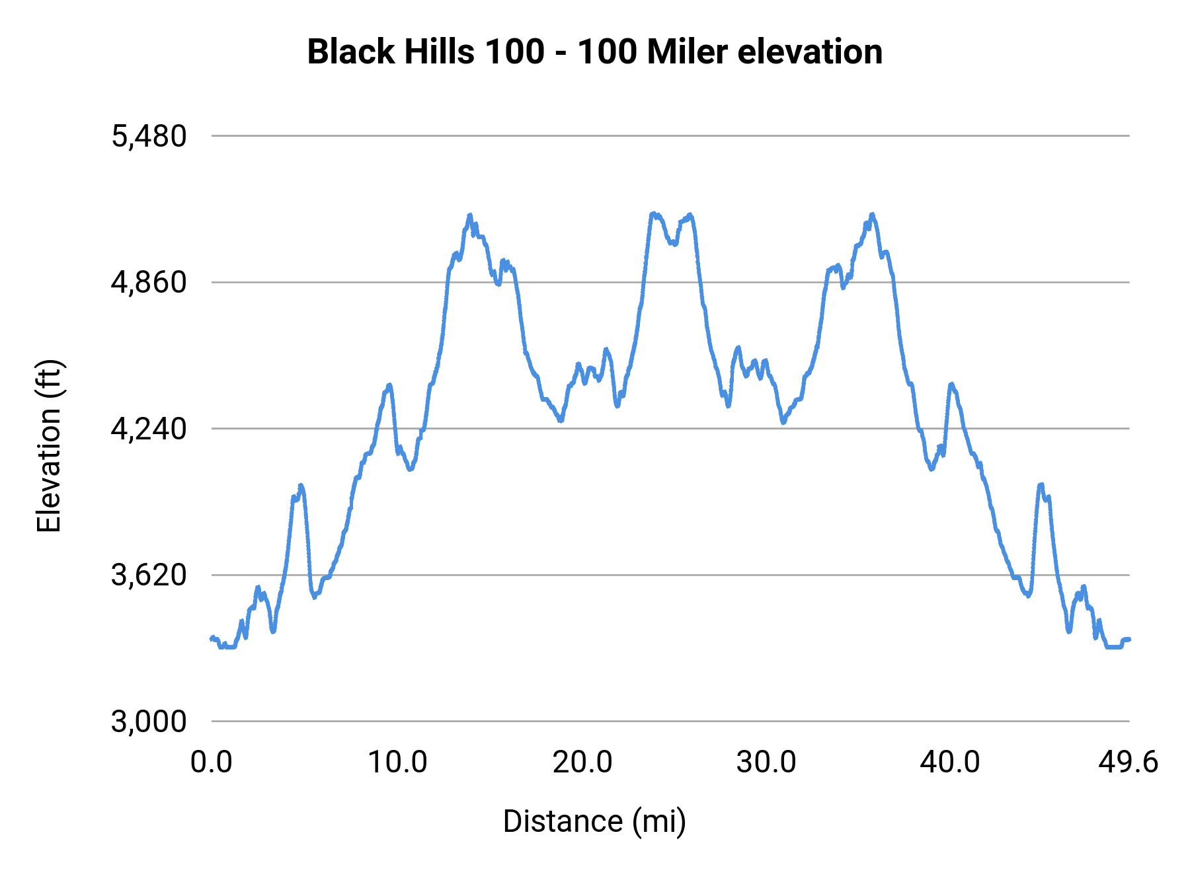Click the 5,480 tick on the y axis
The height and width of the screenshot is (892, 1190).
click(149, 137)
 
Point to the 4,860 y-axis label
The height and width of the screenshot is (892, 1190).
click(149, 283)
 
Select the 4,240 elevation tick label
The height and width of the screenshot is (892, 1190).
click(149, 429)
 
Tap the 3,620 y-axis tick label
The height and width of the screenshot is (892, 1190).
click(149, 576)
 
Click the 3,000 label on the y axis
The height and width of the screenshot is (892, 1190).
click(149, 722)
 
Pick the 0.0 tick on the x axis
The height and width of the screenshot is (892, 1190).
click(212, 762)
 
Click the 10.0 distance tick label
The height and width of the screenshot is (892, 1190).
click(397, 762)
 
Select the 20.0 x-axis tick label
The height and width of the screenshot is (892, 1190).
click(582, 762)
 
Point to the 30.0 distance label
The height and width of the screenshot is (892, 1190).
click(766, 762)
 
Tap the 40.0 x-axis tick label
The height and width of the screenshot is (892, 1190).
click(950, 762)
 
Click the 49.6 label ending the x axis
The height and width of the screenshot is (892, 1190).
click(1128, 762)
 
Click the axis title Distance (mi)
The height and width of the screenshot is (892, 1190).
click(594, 821)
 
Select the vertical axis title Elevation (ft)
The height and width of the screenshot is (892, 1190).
click(49, 446)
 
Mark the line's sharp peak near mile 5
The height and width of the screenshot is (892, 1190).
click(301, 486)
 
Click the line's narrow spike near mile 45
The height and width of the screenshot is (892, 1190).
click(1041, 485)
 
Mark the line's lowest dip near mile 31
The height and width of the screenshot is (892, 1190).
click(783, 422)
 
